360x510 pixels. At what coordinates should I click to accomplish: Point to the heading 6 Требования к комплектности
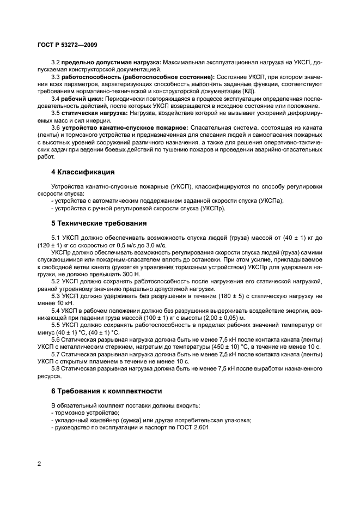(x=106, y=391)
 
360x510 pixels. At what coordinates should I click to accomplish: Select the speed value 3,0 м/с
(x=154, y=245)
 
